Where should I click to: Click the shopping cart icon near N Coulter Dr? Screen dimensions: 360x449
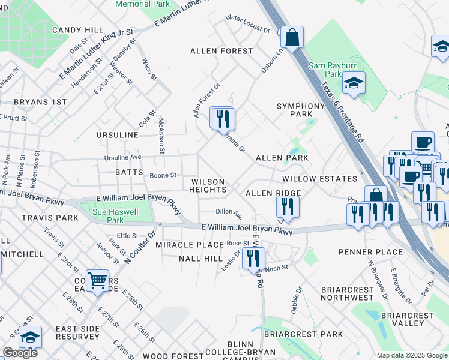[97, 280]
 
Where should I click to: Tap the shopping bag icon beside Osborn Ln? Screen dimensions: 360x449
[293, 37]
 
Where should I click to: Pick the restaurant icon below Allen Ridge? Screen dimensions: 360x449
[288, 206]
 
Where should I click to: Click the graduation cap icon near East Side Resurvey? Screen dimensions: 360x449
[29, 338]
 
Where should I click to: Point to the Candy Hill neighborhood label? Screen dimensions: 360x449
[77, 29]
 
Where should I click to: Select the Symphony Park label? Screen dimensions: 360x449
[294, 110]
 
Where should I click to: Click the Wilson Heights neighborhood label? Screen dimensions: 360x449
[208, 185]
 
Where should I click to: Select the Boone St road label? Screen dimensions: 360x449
[163, 175]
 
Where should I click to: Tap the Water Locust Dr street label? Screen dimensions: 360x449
[247, 25]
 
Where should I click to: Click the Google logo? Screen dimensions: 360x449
[20, 353]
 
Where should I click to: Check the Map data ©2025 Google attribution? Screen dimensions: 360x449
[411, 355]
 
